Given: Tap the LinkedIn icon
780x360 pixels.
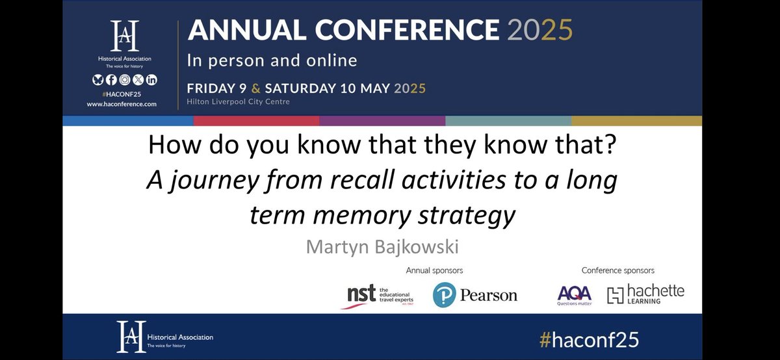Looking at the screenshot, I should click(x=151, y=80).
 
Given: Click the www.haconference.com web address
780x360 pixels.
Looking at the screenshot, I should click(x=122, y=103).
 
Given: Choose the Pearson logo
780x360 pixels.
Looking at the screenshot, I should click(x=475, y=295).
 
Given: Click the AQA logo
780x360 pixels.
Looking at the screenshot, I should click(x=574, y=294).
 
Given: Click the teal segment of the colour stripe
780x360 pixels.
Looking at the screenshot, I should click(x=508, y=121).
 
